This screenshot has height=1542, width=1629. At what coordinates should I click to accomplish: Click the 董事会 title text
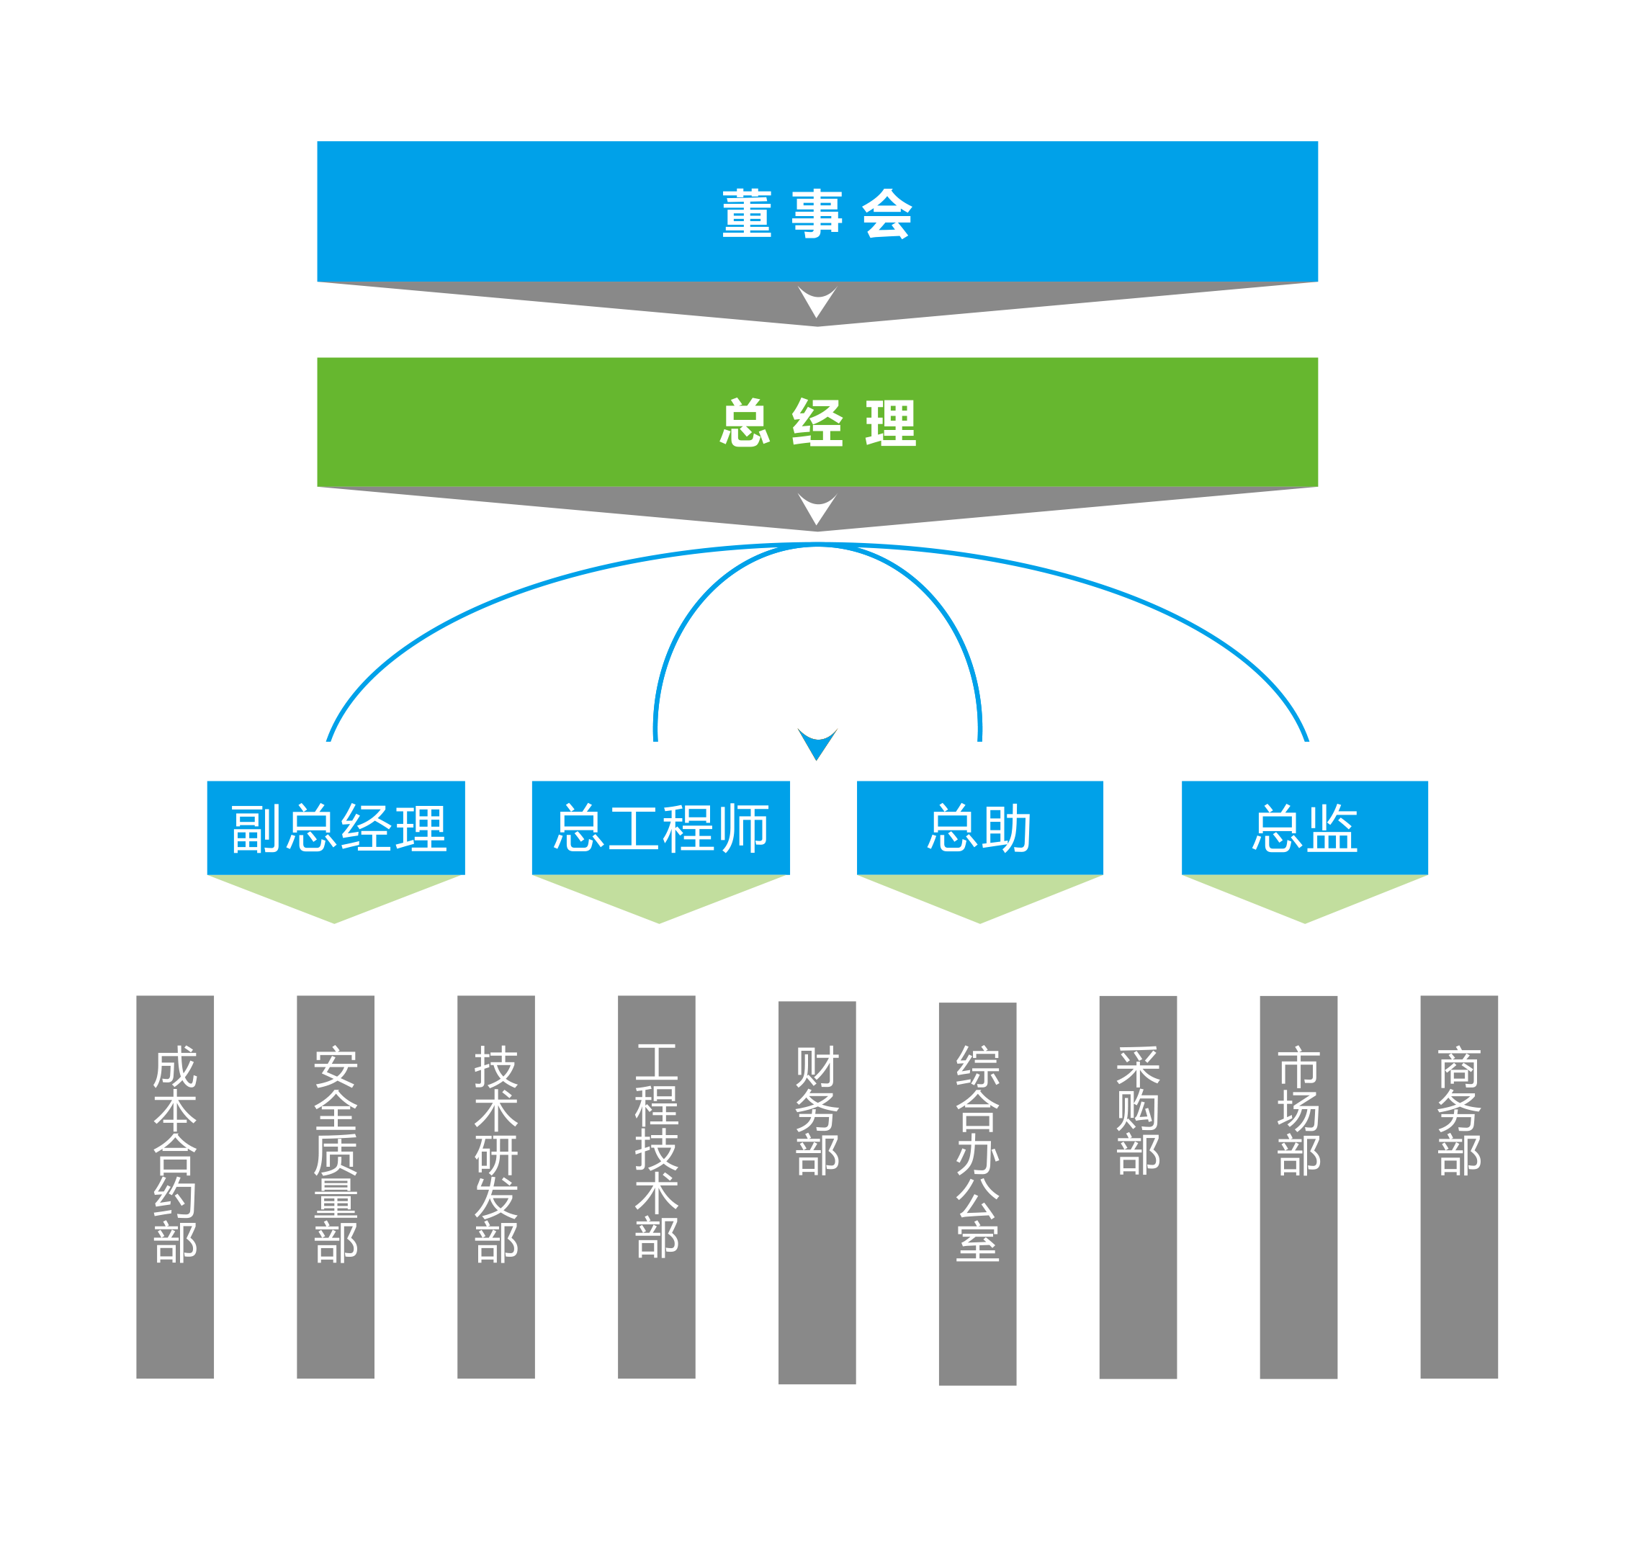(817, 213)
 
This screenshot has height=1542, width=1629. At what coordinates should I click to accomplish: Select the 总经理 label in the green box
(817, 423)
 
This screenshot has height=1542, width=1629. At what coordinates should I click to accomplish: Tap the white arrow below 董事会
(817, 302)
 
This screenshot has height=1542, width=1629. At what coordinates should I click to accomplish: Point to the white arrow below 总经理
(817, 508)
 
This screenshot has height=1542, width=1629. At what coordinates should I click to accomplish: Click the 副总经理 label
(338, 828)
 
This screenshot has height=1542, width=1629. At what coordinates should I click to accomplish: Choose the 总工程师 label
(662, 828)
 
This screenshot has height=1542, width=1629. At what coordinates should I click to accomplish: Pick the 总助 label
(979, 828)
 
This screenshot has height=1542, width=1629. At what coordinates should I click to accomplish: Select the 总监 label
(1304, 828)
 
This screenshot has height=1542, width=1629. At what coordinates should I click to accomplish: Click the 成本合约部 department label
(176, 1154)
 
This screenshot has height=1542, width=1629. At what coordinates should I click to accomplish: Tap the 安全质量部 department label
(336, 1154)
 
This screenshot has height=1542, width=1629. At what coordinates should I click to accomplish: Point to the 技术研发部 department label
(496, 1154)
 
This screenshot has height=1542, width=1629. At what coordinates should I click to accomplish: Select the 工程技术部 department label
(657, 1151)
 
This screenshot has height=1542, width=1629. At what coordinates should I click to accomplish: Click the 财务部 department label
(817, 1111)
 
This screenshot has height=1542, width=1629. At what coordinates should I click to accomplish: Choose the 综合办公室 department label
(977, 1154)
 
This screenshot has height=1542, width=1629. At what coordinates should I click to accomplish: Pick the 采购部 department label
(1139, 1111)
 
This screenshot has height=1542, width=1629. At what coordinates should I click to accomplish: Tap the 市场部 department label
(1298, 1111)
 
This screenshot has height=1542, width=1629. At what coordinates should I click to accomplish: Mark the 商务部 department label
(1459, 1111)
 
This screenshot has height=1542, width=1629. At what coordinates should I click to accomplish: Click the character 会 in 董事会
(887, 213)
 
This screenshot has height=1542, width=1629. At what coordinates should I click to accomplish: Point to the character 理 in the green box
(890, 423)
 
